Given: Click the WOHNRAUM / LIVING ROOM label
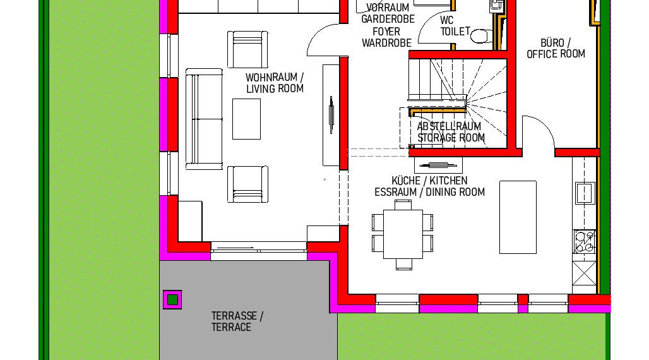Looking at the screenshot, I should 275,83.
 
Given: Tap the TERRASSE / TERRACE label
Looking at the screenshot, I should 237,321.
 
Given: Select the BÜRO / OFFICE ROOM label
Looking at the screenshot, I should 556,49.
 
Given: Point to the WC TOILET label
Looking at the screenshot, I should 455,25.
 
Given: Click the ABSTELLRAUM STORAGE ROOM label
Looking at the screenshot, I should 450,132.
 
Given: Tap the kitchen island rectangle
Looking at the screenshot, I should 518,217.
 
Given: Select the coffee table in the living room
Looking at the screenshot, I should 246,119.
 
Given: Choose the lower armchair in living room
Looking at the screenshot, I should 247,184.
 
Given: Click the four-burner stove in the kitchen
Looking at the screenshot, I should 584,241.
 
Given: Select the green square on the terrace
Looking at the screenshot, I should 172,299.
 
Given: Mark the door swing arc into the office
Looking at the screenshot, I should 540,133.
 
